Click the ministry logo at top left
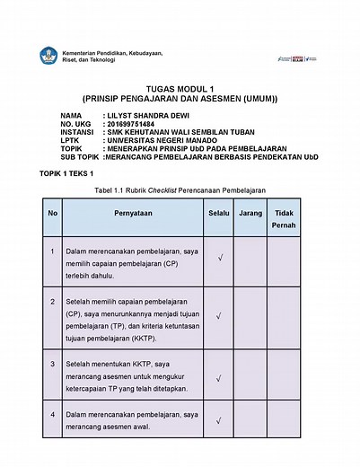(x=48, y=57)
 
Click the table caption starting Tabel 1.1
(x=180, y=190)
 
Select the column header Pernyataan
(x=133, y=216)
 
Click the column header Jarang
(x=251, y=216)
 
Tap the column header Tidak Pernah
(x=284, y=219)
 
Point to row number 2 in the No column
(x=53, y=300)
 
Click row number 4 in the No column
(x=53, y=415)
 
